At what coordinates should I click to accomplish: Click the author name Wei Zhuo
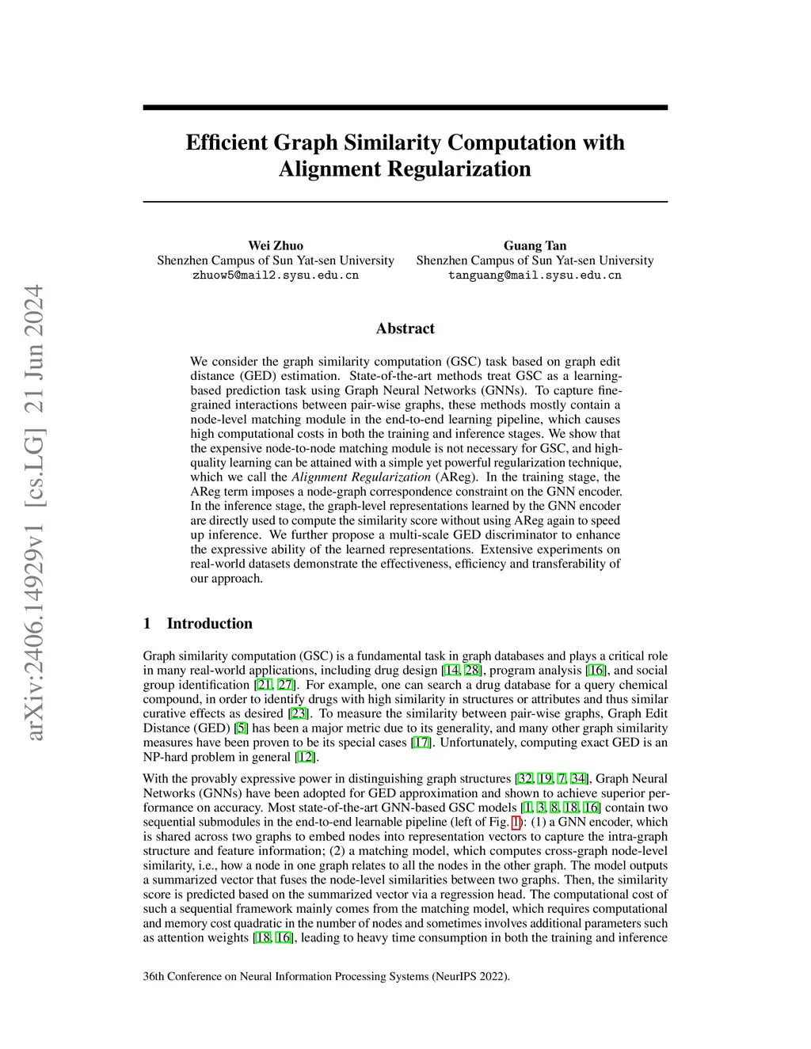[276, 245]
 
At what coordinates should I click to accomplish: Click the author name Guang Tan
[535, 245]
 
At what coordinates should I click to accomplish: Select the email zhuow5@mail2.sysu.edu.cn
[276, 276]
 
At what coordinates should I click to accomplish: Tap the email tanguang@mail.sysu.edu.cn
[535, 276]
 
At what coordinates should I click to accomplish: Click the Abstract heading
[405, 329]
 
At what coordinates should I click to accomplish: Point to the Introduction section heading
[209, 623]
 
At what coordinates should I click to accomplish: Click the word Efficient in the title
[227, 143]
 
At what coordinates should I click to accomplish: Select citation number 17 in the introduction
[422, 743]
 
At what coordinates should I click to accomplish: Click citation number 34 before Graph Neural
[579, 779]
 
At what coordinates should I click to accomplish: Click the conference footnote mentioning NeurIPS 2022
[326, 976]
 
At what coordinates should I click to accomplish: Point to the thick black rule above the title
[405, 108]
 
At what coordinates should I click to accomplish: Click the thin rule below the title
[405, 202]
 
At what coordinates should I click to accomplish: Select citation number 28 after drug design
[472, 671]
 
